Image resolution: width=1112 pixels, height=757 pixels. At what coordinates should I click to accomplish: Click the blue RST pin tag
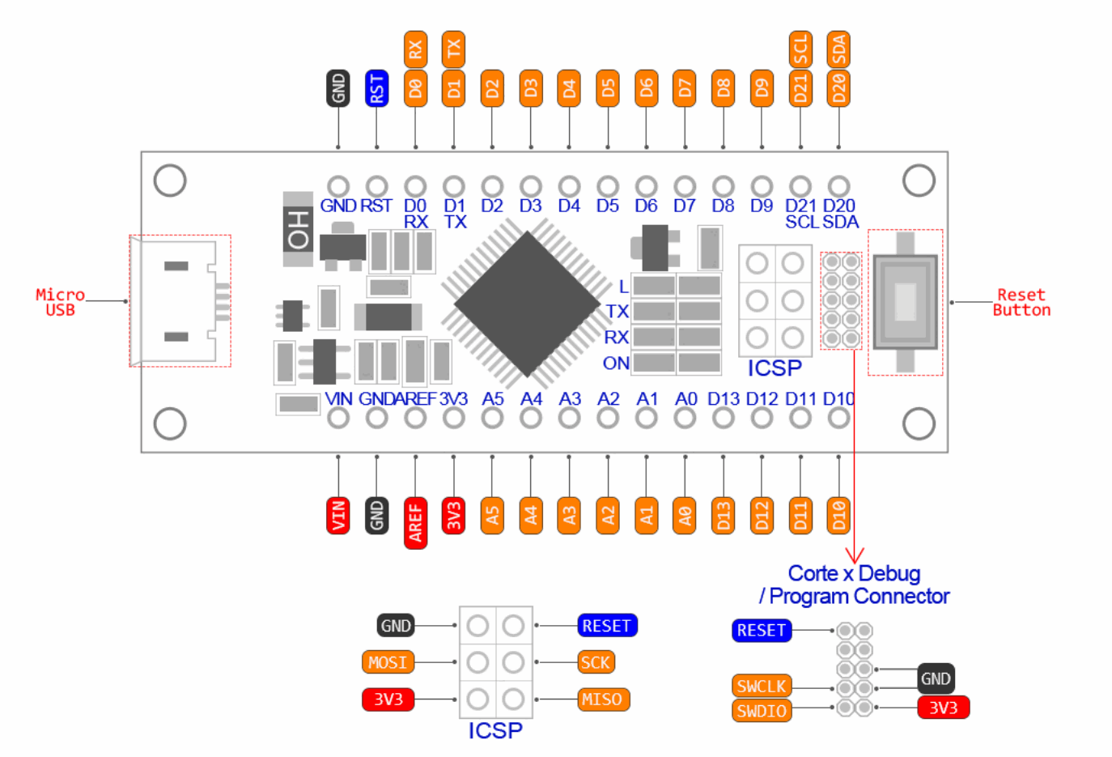tap(376, 87)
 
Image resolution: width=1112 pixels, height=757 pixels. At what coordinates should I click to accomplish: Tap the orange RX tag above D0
tap(415, 49)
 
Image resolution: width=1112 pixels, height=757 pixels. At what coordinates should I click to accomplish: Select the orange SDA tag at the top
tap(838, 49)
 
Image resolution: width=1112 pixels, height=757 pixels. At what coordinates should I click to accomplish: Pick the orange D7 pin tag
tap(685, 87)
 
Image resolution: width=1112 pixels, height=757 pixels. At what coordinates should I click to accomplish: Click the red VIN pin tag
tap(337, 515)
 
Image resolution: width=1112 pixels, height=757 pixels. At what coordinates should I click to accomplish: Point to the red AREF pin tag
tap(415, 522)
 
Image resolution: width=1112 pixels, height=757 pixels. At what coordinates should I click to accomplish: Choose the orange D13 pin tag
tap(723, 515)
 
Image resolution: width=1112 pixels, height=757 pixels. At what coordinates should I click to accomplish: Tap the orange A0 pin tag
tap(685, 515)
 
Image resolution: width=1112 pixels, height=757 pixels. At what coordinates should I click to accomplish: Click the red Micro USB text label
tap(60, 302)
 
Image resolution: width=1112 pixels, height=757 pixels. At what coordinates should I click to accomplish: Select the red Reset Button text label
tap(1021, 302)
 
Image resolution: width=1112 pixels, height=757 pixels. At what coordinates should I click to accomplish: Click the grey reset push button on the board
tap(905, 302)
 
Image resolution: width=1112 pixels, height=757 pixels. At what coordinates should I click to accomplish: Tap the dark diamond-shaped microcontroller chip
tap(527, 304)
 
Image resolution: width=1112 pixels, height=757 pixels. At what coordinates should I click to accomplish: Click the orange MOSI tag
tap(388, 662)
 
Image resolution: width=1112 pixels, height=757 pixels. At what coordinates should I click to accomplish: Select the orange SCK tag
tap(596, 662)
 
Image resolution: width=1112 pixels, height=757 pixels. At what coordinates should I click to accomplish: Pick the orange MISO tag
tap(603, 700)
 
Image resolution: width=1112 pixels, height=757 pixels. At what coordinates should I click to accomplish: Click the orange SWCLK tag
tap(762, 686)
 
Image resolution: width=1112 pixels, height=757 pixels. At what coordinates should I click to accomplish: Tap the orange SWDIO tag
tap(762, 711)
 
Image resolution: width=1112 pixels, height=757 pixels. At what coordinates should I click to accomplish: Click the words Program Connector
tap(859, 597)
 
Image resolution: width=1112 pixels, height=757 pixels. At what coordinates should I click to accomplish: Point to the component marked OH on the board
tap(298, 229)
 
